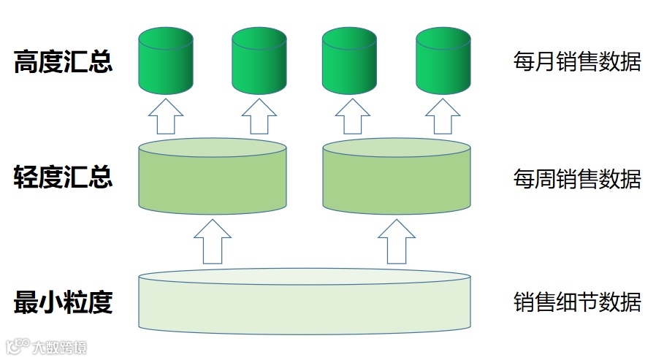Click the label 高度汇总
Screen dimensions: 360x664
pos(63,62)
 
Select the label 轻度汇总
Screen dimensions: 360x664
pos(63,177)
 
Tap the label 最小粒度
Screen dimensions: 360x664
pos(63,302)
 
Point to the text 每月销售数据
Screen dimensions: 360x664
pos(577,62)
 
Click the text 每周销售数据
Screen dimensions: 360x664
pos(577,178)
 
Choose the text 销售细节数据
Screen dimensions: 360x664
pos(577,302)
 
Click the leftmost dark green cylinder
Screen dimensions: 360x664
pos(166,61)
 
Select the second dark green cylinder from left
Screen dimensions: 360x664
pos(259,61)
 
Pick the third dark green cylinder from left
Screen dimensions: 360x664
pos(349,61)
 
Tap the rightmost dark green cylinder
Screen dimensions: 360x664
pos(443,61)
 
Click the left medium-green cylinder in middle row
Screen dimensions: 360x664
pos(212,177)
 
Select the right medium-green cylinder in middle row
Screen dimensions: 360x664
pos(397,177)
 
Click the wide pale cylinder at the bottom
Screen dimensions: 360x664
pos(304,301)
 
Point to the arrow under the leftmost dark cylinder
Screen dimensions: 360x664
pos(166,116)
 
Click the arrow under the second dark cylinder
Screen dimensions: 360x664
pos(259,116)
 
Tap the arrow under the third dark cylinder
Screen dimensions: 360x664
pos(350,116)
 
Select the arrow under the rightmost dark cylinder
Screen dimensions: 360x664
pos(443,116)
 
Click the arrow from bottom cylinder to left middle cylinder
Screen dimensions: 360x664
pos(213,241)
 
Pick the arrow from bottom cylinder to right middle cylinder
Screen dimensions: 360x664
pos(397,241)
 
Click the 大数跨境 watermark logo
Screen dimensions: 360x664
pos(47,347)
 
